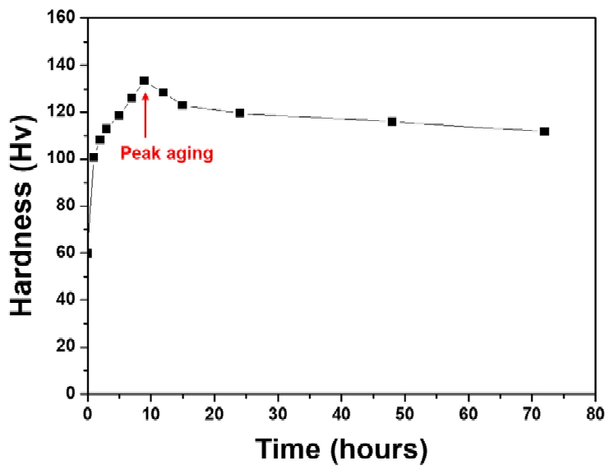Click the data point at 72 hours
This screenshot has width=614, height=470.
pos(544,132)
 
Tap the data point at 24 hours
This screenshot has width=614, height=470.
pos(240,113)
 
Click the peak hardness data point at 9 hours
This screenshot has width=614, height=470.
pos(144,81)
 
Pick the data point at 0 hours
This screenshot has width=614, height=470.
pos(88,254)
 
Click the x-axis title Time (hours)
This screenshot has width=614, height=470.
pos(340,449)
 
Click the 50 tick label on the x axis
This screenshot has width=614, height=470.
pos(404,412)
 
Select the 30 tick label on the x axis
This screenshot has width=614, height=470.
pos(278,412)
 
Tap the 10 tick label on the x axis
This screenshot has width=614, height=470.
pos(150,412)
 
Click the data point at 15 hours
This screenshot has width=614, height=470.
pos(182,105)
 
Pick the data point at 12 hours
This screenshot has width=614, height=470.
pos(164,93)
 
